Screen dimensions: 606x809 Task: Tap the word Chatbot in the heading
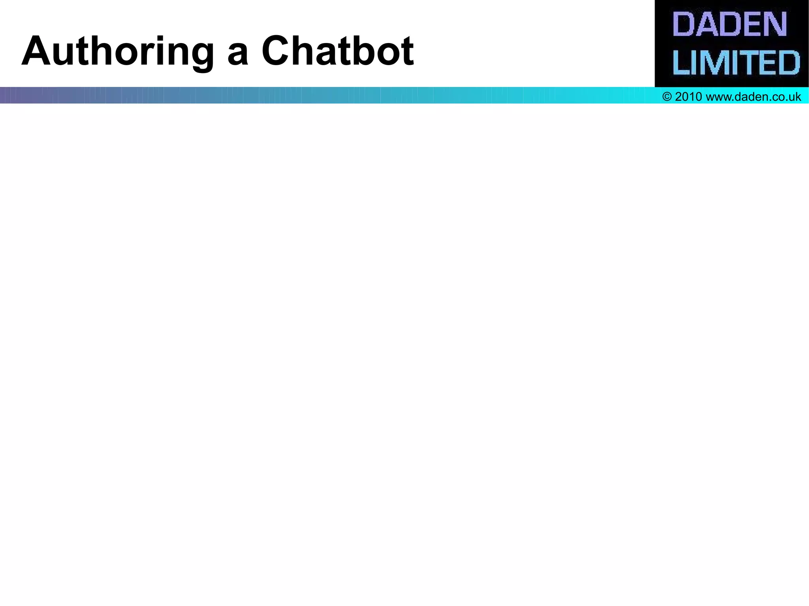[337, 51]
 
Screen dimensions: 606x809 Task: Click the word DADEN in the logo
[730, 24]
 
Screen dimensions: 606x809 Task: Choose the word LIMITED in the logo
[736, 62]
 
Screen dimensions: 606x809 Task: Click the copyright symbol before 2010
[667, 97]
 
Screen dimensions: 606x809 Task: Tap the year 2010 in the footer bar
[688, 97]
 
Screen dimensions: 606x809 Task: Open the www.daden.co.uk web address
[753, 97]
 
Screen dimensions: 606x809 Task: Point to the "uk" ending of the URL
[795, 97]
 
